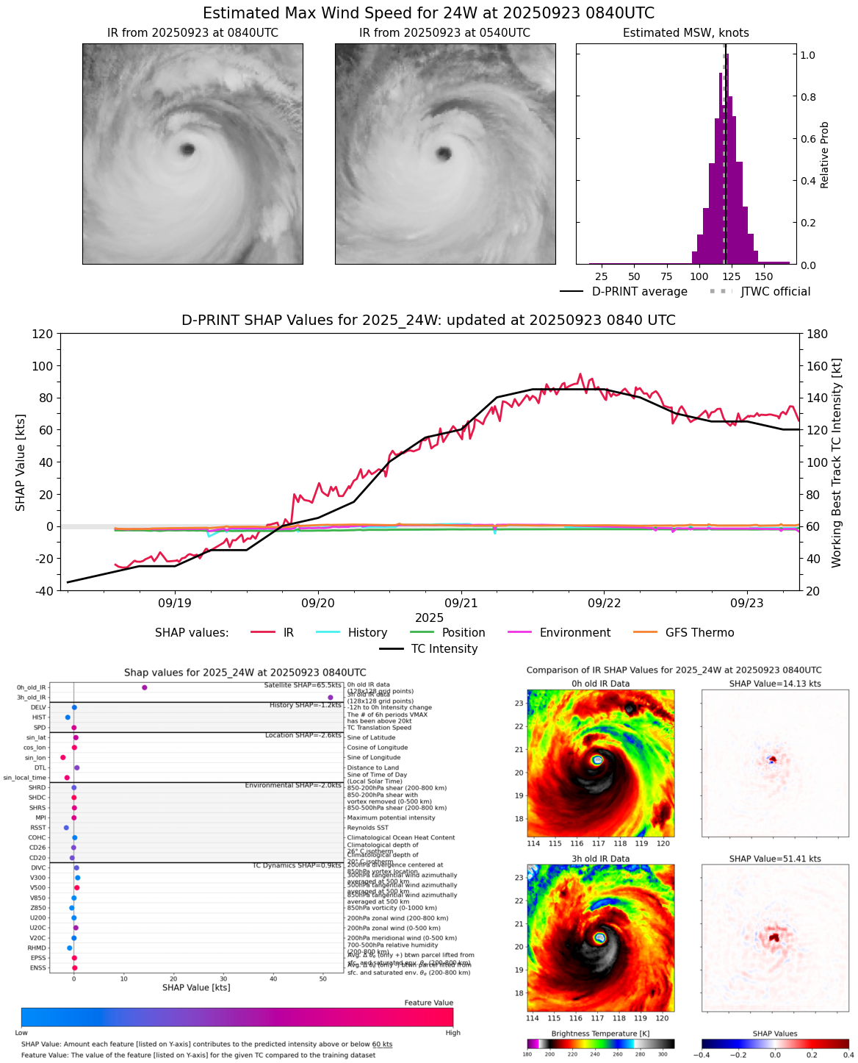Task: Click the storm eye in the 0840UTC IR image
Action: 187,149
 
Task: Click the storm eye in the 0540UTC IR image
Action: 443,153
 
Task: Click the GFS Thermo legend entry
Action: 699,632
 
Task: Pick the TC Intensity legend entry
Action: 444,649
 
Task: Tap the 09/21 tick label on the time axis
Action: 461,603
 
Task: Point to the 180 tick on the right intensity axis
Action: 818,334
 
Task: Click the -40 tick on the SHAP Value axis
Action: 43,591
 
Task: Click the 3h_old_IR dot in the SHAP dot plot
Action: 331,698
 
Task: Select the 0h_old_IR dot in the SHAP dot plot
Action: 145,687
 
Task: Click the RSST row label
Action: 38,828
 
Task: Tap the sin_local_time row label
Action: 25,778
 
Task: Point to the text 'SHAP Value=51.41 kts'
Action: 775,859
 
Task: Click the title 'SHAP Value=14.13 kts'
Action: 775,684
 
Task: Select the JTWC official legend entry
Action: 775,292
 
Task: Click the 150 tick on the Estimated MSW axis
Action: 764,276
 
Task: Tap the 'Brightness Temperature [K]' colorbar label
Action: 600,1034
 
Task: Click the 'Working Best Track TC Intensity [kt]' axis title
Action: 837,462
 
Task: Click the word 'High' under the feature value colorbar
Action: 453,1033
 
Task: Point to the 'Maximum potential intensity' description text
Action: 391,817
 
